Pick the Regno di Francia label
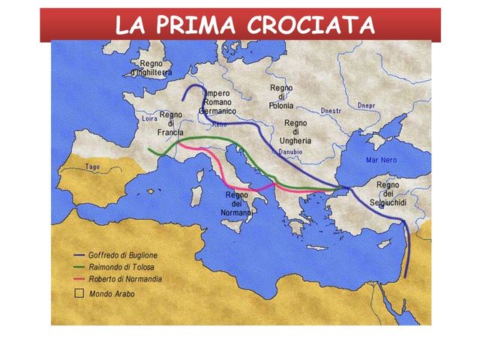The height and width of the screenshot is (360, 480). (x=171, y=124)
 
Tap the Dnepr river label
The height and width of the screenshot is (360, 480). (x=367, y=105)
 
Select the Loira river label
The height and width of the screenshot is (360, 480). (x=149, y=118)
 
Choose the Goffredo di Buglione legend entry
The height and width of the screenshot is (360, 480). (x=122, y=255)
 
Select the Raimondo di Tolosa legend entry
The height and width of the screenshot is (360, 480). (x=120, y=267)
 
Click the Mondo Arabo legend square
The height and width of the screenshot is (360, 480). (x=76, y=294)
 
